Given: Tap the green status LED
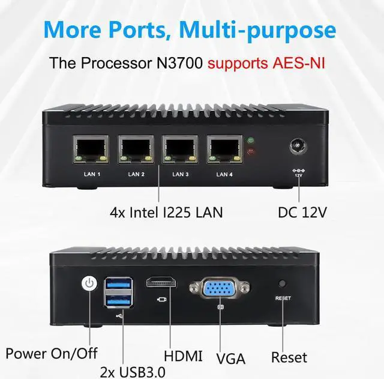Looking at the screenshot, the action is [x=251, y=142].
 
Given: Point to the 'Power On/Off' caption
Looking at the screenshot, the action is [x=52, y=353].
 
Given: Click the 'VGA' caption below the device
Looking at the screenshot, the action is [x=230, y=359].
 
